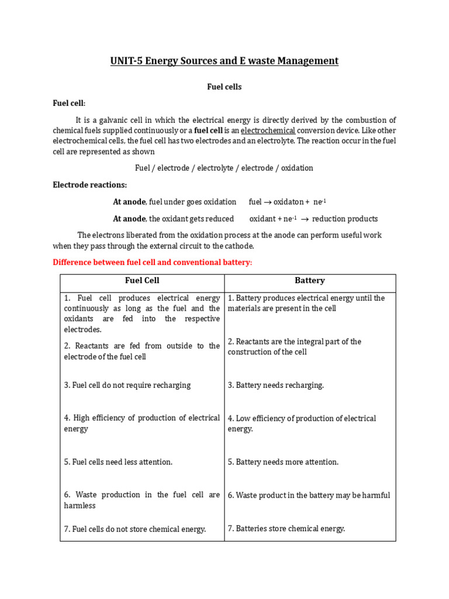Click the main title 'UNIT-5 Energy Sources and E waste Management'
224,61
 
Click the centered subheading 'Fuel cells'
224,87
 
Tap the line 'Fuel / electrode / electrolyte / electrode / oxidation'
224,168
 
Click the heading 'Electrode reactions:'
89,185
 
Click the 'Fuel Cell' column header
142,281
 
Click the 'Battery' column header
310,281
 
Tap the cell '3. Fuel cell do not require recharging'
127,385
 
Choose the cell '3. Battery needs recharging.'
275,385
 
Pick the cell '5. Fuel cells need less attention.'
118,462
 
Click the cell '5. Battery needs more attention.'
283,462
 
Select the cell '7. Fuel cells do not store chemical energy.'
135,529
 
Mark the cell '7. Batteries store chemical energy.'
286,529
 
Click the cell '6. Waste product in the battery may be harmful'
309,495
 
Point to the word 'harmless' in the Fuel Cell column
80,505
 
